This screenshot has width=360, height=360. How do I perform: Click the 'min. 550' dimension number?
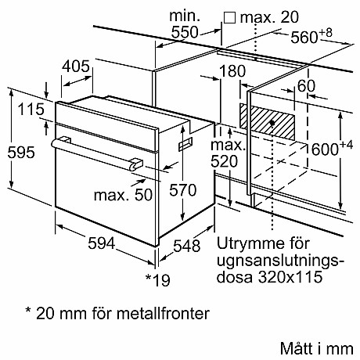point(185,32)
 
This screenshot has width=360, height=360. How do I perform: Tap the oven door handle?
point(94,154)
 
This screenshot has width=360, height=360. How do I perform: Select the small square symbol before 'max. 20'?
point(229,16)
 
